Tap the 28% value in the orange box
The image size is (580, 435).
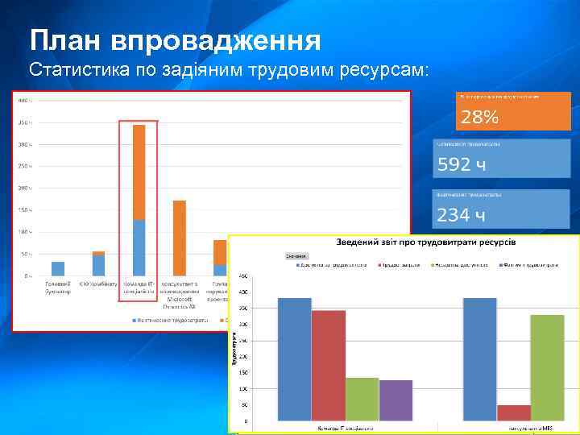coord(480,118)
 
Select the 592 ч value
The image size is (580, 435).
coord(462,166)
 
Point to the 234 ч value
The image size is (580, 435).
coord(462,215)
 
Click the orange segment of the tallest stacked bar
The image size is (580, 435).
coord(139,172)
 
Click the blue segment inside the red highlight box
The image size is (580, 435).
coord(139,247)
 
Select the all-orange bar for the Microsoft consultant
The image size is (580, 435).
coord(180,238)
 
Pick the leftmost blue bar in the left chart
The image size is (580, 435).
coord(58,268)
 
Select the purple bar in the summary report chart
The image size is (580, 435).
coord(396,400)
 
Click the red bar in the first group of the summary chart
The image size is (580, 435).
coord(328,365)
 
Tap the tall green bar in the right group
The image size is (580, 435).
coord(547,367)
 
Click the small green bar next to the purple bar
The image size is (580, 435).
coord(362,399)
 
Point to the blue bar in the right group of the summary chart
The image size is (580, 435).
coord(480,359)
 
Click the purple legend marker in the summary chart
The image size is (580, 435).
coord(502,263)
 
